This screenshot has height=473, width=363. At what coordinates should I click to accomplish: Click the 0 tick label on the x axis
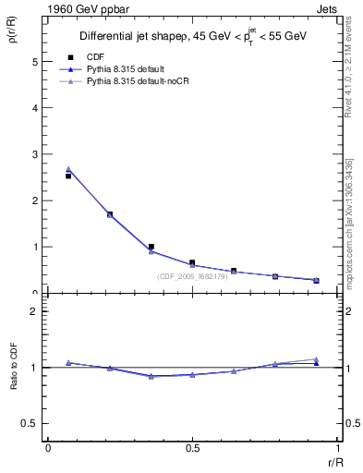point(48,447)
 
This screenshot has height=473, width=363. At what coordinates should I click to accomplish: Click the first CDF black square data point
point(68,176)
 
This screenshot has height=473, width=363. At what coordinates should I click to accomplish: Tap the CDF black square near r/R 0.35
point(151,247)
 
